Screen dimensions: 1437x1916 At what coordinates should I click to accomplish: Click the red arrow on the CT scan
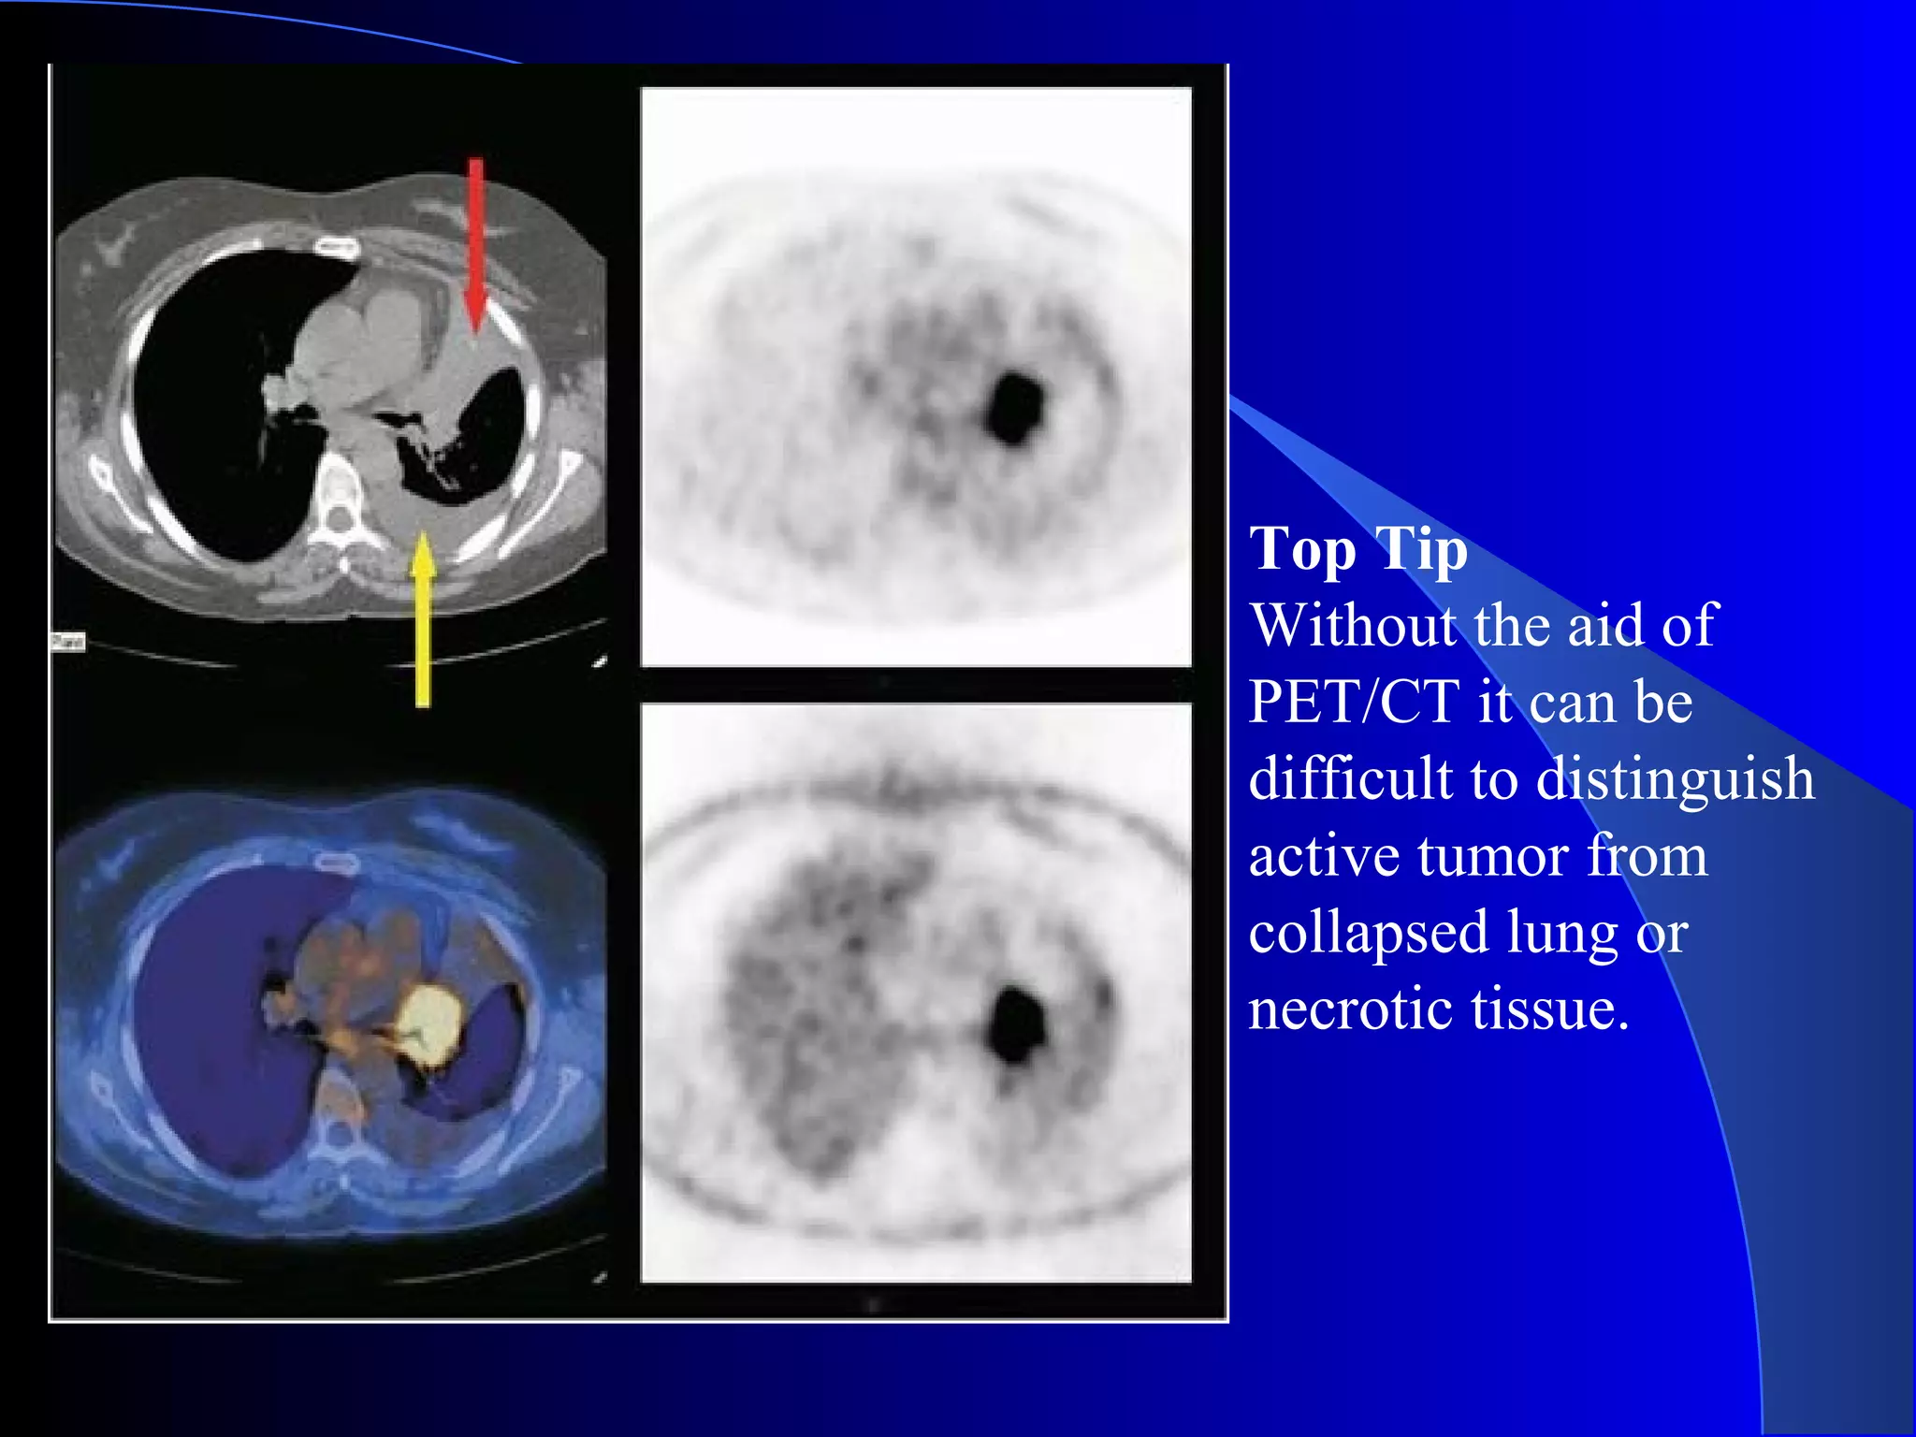(x=476, y=243)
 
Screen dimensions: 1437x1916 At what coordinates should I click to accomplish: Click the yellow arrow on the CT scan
(x=423, y=617)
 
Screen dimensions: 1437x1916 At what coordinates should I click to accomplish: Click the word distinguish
(x=1675, y=780)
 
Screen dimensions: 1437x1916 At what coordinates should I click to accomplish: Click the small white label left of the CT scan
(x=67, y=642)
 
